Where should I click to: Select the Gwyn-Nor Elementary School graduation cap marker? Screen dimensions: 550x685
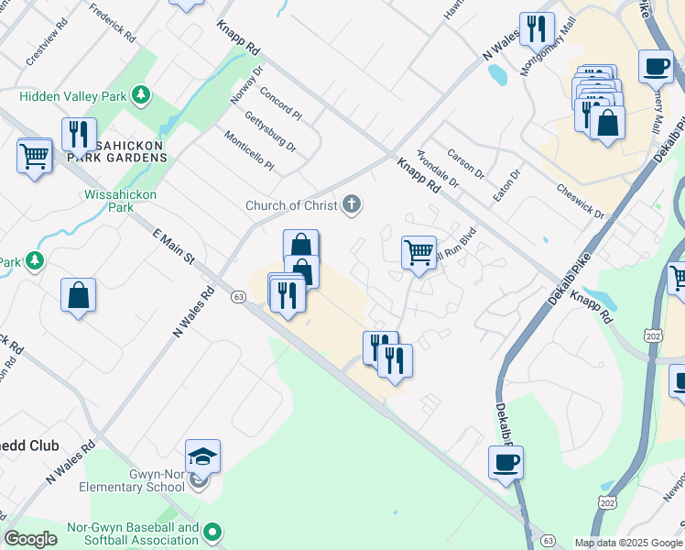(x=203, y=456)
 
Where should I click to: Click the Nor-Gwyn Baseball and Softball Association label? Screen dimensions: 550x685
(x=133, y=533)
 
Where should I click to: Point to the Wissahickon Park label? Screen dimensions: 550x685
(x=121, y=201)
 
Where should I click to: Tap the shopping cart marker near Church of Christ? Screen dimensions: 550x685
(x=419, y=251)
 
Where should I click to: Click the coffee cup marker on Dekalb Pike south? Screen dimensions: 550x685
(x=506, y=461)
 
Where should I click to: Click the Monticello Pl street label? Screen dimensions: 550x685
(x=249, y=150)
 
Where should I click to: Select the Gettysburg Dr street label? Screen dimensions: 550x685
(x=270, y=131)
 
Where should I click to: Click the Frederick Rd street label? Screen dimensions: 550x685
(x=113, y=23)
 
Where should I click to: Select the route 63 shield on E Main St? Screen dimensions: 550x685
(x=238, y=297)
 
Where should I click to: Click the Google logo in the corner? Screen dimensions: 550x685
(x=31, y=539)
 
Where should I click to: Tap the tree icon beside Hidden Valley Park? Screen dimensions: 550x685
(x=140, y=94)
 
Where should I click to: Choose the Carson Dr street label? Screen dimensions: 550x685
(x=466, y=163)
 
